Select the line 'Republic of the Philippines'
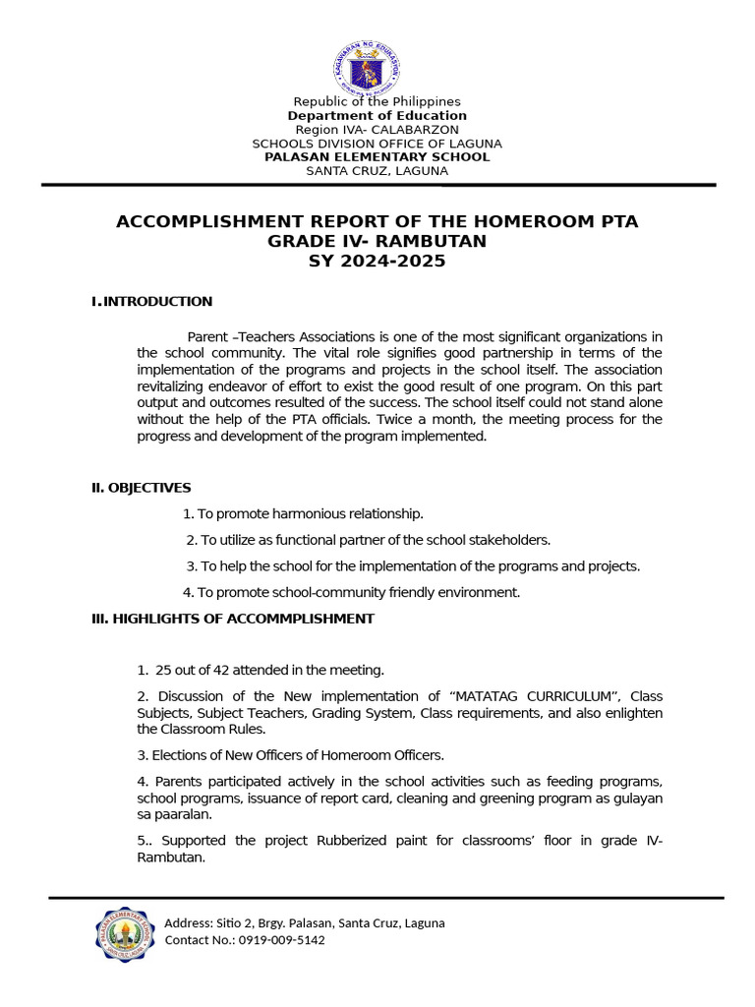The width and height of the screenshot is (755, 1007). click(377, 102)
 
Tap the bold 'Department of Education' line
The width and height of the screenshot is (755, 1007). click(377, 116)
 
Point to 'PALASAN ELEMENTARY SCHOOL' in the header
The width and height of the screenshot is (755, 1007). click(377, 157)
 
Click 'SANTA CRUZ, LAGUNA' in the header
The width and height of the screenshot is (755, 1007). click(377, 171)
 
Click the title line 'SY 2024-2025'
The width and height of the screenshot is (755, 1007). click(377, 262)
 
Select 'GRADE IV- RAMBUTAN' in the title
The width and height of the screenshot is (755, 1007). click(377, 242)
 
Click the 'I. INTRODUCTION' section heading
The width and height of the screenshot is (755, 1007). click(152, 302)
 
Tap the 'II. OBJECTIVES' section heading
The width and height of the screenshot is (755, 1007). click(142, 488)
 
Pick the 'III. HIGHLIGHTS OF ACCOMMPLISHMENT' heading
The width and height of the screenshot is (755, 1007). click(233, 619)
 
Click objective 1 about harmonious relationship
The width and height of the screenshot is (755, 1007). click(303, 514)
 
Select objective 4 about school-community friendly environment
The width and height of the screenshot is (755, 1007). click(351, 592)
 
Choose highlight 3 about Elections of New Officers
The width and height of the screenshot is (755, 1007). click(291, 755)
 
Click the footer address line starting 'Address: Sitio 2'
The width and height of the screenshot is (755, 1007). click(305, 923)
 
